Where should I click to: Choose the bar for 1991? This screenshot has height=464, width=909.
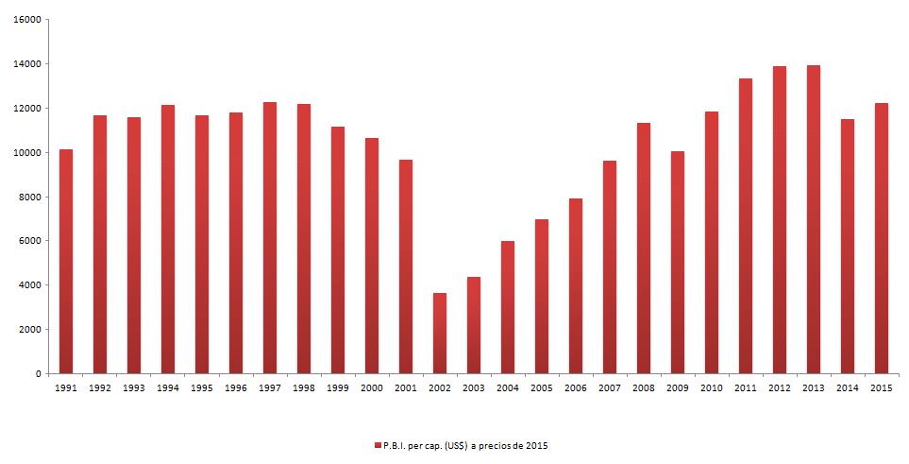66,261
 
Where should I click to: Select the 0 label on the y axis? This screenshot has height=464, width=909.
38,374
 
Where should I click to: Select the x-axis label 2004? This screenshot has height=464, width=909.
508,388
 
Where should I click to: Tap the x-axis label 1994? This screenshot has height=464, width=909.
168,388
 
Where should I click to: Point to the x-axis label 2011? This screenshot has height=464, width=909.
746,388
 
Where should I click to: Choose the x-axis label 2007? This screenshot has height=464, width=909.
610,388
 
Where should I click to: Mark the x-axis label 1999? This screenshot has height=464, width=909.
338,388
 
